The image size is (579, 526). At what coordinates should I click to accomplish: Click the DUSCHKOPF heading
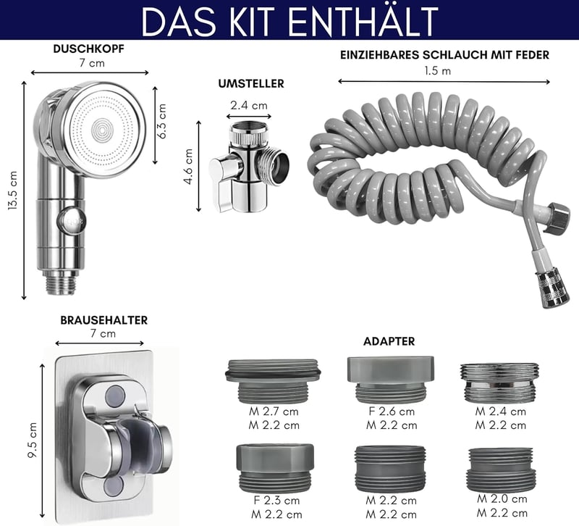(88, 49)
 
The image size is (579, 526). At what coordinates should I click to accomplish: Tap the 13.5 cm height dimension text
(13, 191)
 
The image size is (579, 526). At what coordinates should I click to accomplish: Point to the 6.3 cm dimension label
(161, 121)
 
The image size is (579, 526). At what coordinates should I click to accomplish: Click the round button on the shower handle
(71, 221)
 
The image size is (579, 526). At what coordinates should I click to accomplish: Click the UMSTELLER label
(251, 83)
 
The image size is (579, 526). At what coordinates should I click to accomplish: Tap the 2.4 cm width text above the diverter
(249, 106)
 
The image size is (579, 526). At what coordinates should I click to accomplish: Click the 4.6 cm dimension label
(189, 167)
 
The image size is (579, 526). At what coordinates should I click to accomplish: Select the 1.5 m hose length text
(438, 70)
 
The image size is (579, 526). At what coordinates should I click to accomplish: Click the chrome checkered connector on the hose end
(552, 289)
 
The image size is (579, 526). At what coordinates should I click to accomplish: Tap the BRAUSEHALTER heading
(104, 320)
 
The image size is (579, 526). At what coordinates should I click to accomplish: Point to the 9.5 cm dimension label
(33, 440)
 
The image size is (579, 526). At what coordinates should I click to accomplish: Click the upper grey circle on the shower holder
(114, 395)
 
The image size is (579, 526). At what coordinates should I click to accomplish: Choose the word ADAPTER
(389, 341)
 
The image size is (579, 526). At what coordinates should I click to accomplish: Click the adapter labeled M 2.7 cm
(274, 381)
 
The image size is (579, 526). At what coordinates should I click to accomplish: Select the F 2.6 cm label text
(392, 412)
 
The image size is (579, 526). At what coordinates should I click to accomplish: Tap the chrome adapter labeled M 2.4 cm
(499, 383)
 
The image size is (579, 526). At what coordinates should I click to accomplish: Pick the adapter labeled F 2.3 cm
(275, 468)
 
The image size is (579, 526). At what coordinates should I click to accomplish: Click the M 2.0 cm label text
(502, 499)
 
